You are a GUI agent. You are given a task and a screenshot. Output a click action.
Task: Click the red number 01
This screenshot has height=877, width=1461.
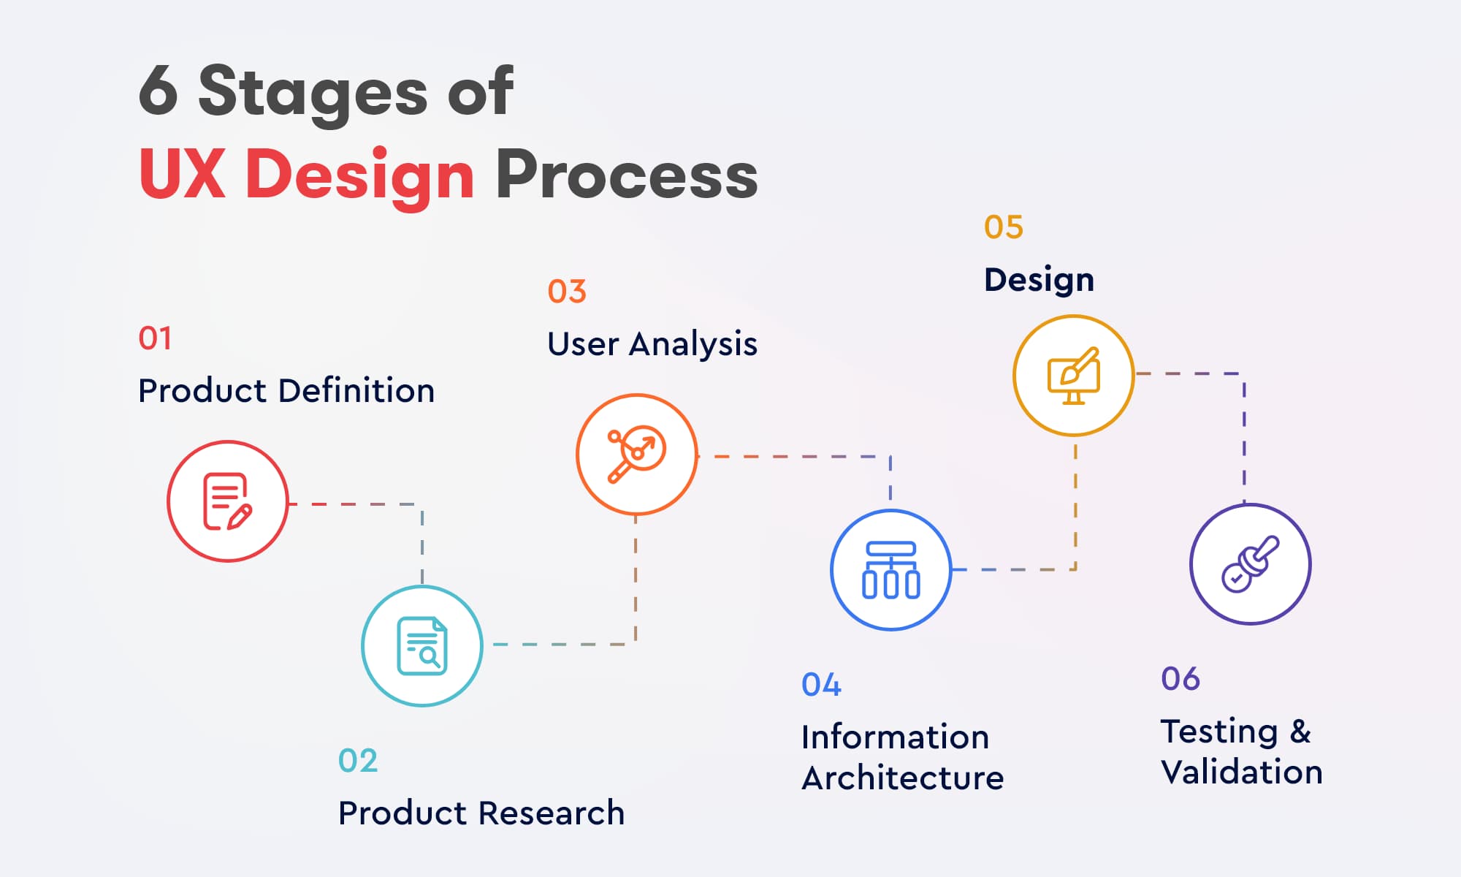click(155, 338)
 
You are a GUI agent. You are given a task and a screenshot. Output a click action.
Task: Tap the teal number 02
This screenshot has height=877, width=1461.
click(358, 761)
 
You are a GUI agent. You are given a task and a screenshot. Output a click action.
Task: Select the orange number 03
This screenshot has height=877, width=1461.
click(567, 292)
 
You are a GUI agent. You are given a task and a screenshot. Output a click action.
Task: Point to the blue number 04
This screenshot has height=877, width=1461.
click(821, 685)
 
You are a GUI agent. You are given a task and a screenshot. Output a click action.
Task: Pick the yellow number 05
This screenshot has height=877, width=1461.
click(1003, 227)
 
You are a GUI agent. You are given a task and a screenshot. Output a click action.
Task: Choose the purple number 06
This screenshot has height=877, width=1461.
click(1180, 679)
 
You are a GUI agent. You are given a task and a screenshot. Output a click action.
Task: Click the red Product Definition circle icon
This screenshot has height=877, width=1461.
click(228, 501)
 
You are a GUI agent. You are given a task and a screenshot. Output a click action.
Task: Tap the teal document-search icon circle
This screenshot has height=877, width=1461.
click(422, 646)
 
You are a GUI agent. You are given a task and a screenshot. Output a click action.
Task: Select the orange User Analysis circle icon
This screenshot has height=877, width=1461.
click(636, 455)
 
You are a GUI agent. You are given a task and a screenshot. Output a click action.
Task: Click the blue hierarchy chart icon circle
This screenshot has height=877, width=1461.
click(891, 570)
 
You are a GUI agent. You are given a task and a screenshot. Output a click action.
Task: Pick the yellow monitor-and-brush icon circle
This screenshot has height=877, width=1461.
click(1073, 376)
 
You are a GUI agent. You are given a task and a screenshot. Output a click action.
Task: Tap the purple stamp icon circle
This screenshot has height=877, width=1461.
click(1250, 564)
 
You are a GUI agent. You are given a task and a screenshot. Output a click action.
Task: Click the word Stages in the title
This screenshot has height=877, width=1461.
click(313, 93)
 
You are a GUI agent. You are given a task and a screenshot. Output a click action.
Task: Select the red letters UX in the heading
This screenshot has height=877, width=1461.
click(182, 175)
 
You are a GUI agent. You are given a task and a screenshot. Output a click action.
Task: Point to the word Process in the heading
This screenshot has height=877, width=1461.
click(627, 175)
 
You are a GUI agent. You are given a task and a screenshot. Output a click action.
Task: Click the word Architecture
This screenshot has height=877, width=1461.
click(902, 778)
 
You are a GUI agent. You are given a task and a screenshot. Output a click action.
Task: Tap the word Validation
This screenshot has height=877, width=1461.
click(1242, 772)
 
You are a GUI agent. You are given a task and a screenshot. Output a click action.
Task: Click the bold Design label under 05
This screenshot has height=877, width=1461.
click(1039, 281)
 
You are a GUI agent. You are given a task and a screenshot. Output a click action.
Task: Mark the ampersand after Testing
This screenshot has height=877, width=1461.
click(1300, 732)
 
